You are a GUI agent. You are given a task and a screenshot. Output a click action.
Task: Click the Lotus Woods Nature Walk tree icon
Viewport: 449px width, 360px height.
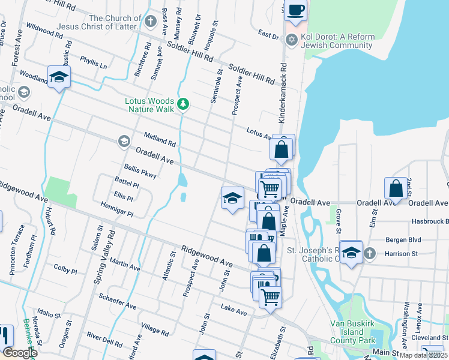183,105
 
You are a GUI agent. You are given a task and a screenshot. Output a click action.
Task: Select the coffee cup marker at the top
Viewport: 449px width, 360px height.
296,10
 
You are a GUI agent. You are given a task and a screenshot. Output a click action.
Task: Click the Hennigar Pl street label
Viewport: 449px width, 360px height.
117,209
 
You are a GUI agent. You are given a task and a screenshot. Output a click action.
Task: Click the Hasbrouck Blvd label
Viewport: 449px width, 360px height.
430,221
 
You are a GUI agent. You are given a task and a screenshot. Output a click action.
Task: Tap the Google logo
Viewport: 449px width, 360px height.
19,353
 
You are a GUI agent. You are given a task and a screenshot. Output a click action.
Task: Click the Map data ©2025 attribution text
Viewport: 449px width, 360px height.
423,355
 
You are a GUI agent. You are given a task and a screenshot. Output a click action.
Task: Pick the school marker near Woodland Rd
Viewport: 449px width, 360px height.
59,77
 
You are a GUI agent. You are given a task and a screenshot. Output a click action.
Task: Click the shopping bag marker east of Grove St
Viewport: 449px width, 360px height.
396,189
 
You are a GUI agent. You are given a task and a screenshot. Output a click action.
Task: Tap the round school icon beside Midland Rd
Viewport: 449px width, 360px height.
124,141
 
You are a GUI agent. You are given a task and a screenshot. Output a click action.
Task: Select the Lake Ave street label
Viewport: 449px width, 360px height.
234,311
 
